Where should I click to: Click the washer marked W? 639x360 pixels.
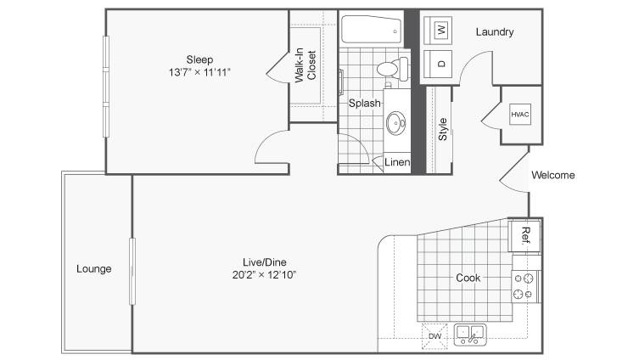tap(438, 31)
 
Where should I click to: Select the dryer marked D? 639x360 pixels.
tap(438, 64)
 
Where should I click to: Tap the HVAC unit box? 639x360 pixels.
tap(520, 115)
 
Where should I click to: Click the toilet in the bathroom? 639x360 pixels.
tap(392, 69)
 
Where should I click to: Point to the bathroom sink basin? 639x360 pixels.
tap(395, 123)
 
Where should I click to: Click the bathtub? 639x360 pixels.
tap(371, 30)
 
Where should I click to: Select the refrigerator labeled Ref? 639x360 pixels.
tap(525, 236)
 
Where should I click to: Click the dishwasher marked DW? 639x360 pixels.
tap(434, 336)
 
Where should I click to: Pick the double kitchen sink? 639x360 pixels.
tap(471, 335)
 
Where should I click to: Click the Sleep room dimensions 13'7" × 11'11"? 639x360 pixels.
tap(199, 72)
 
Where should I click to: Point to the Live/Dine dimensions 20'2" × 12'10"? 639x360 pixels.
tap(264, 275)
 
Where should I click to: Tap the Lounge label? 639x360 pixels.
tap(93, 269)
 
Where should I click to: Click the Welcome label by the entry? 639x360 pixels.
tap(553, 175)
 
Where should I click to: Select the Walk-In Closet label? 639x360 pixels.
tap(305, 65)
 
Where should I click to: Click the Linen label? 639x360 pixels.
tap(397, 162)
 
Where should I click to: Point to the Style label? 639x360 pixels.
tap(443, 129)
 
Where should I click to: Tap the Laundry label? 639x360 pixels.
tap(495, 31)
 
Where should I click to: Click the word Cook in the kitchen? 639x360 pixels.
tap(468, 278)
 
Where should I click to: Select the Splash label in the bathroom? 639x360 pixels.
tap(364, 104)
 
